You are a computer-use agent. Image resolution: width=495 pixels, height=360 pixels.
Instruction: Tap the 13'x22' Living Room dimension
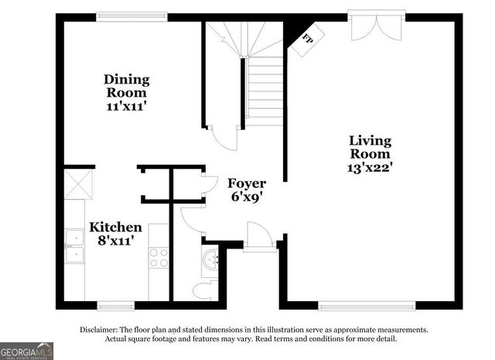click(370, 166)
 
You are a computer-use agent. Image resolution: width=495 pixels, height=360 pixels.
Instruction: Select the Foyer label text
click(247, 183)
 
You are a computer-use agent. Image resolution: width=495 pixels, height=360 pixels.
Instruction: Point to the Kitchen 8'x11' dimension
click(115, 241)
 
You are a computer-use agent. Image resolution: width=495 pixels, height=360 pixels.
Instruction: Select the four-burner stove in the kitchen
click(159, 257)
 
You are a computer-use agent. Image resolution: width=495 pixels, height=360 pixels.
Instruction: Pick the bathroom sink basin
click(210, 261)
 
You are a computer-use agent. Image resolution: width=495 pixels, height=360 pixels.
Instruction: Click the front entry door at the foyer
click(258, 237)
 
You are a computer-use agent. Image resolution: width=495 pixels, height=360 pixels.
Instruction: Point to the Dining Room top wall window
click(132, 16)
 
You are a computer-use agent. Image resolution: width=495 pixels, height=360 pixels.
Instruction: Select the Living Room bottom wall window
click(367, 306)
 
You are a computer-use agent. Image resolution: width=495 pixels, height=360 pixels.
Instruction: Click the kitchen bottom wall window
click(115, 306)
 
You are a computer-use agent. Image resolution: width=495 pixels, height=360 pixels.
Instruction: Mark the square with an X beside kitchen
click(78, 184)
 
